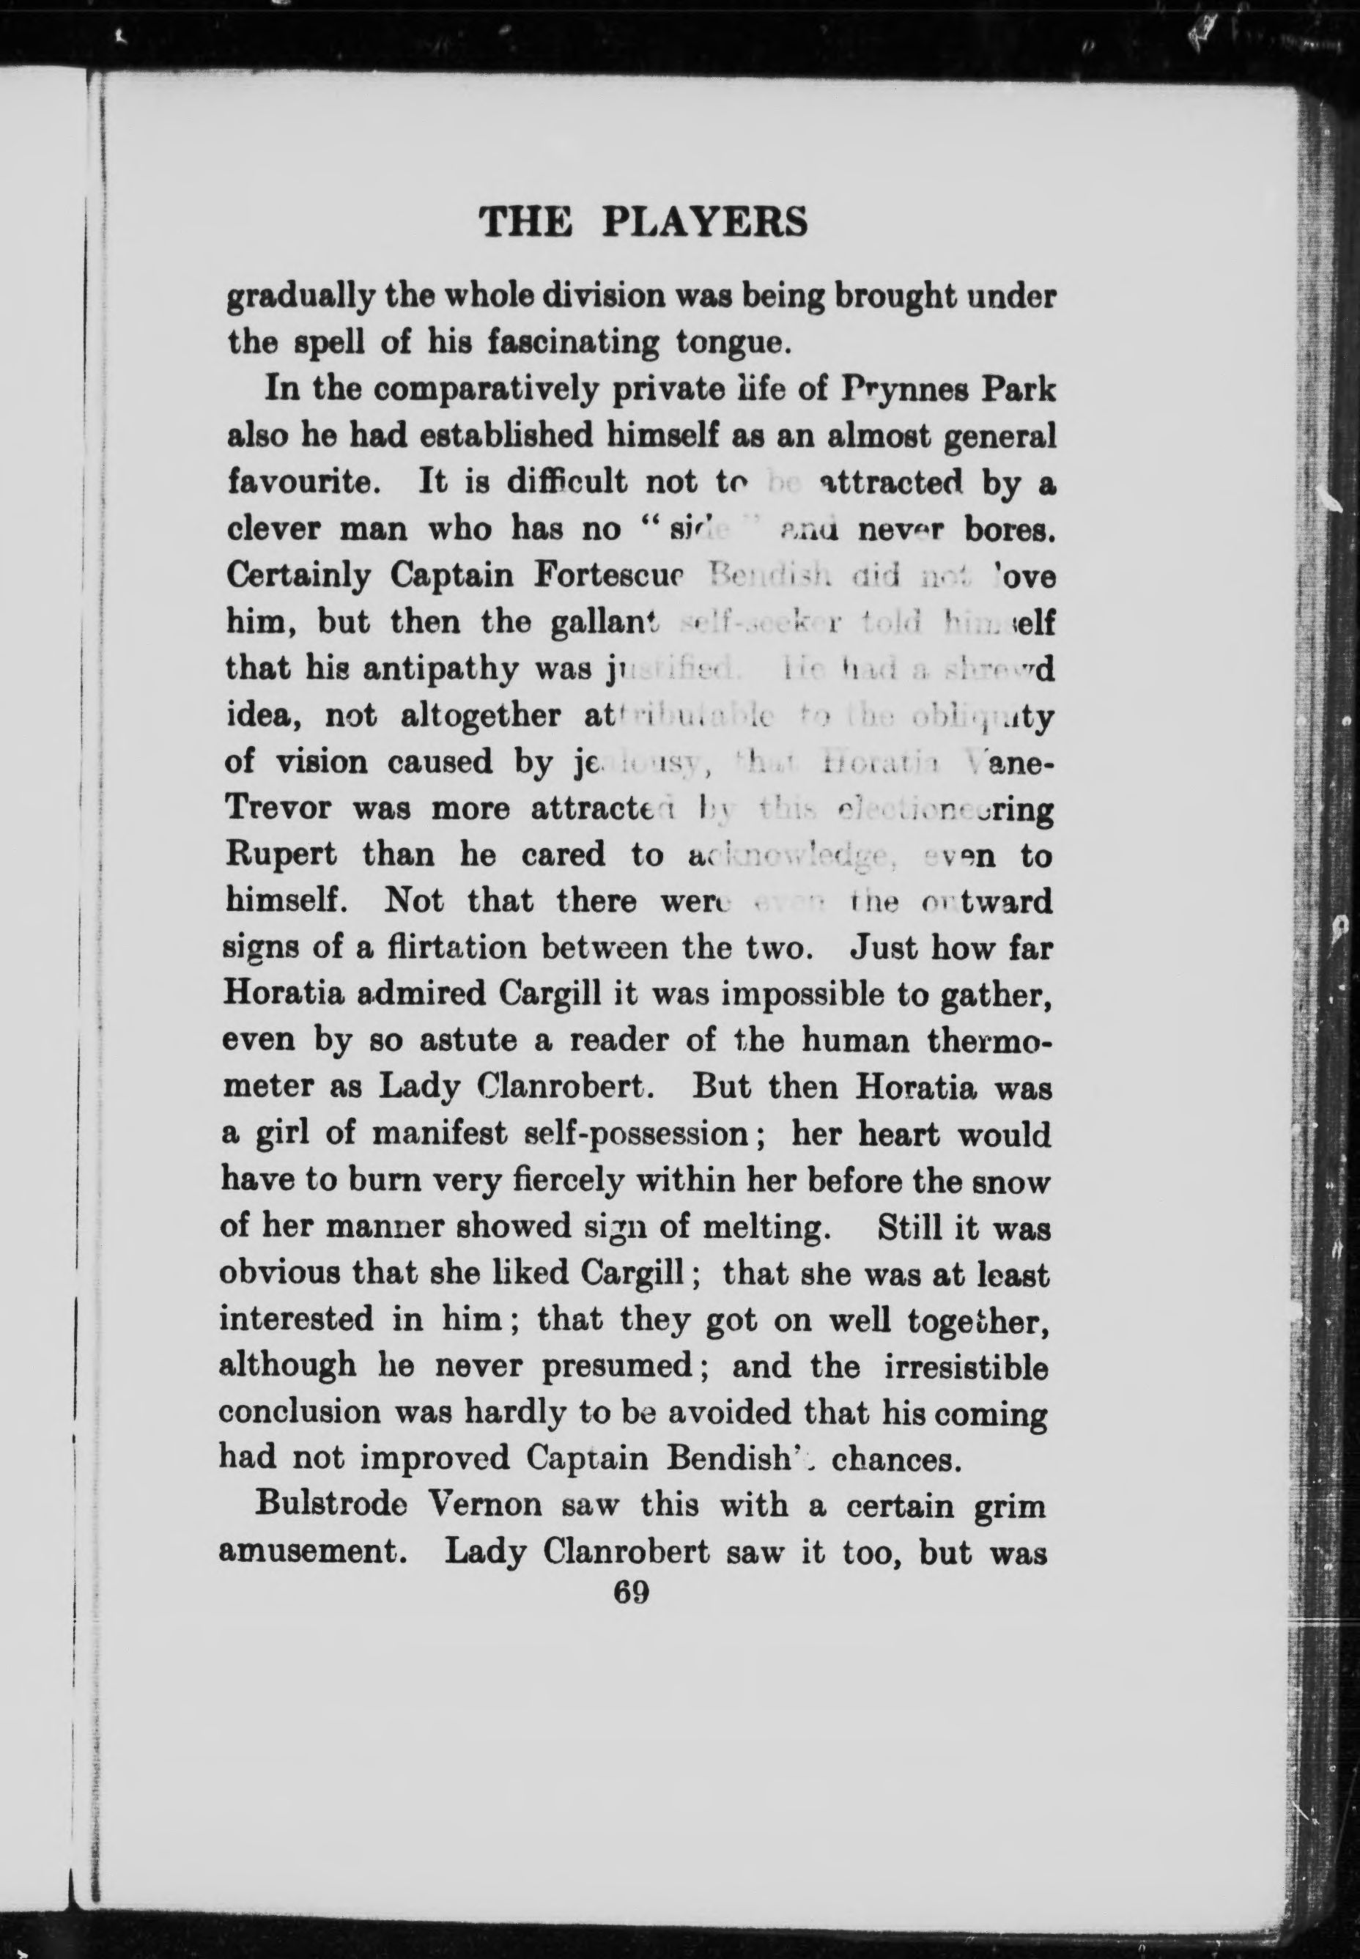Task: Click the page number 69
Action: [632, 1592]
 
